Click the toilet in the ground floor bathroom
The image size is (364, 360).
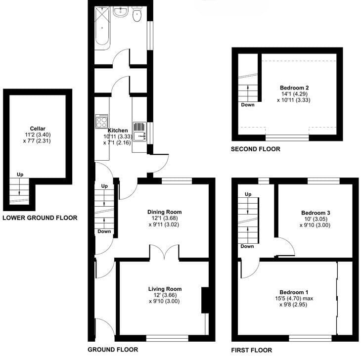(x=137, y=14)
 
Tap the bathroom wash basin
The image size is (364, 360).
(x=120, y=11)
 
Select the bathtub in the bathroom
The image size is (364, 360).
(x=102, y=28)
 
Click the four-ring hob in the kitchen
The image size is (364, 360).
(x=102, y=121)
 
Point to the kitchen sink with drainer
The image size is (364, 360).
(x=139, y=132)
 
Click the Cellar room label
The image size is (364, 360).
(x=38, y=129)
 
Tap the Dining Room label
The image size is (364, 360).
(x=165, y=212)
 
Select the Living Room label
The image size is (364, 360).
(x=165, y=289)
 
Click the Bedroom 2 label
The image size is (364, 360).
(x=294, y=88)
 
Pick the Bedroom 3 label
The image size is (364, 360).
(x=316, y=213)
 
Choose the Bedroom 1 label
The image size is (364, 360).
(x=294, y=292)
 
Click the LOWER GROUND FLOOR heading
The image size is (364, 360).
(x=40, y=218)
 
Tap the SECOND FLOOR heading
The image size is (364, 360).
(x=256, y=149)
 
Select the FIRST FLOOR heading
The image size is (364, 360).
(x=252, y=350)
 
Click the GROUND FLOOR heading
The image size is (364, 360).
(x=113, y=349)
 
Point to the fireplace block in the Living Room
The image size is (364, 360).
(x=205, y=300)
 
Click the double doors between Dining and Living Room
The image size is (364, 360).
(x=164, y=252)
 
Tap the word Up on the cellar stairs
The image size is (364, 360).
(x=20, y=175)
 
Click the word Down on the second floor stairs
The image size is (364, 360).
(x=248, y=105)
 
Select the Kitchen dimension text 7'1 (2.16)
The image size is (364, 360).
(x=117, y=142)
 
